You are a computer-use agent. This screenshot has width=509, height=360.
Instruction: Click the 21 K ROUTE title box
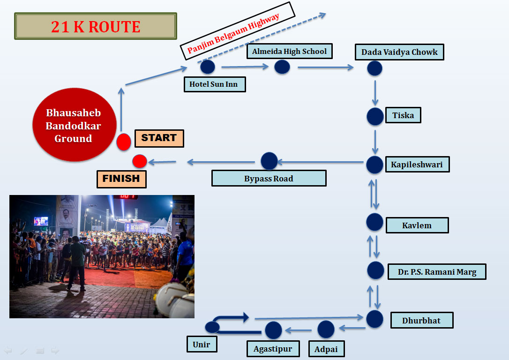pos(96,26)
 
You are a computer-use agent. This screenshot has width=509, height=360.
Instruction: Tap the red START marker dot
pos(124,142)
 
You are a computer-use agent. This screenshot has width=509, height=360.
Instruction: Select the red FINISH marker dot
pos(140,161)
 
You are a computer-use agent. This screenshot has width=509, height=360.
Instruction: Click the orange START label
pos(159,138)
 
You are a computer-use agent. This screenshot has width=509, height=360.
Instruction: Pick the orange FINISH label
pos(121,179)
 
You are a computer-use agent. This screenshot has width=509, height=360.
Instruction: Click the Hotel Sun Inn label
pos(214,84)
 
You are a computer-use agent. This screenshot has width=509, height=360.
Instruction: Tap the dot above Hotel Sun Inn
pos(208,67)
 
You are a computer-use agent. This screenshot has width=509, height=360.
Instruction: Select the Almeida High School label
pos(289,52)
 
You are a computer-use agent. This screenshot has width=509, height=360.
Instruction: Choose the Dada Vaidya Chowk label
pos(399,52)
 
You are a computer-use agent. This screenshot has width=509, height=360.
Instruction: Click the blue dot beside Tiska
pos(375,116)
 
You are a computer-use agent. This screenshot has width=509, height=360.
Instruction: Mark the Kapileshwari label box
pos(417,165)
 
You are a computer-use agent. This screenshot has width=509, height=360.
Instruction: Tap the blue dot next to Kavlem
pos(375,222)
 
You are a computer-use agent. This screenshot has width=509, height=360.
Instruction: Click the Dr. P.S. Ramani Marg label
pos(437,272)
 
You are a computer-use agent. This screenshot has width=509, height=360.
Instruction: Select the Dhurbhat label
pos(421,321)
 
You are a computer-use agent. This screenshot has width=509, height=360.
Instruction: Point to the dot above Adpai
pos(326,329)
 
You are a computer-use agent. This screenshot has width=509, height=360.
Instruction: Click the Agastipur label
pos(273,349)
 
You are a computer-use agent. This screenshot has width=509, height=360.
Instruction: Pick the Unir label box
pos(202,345)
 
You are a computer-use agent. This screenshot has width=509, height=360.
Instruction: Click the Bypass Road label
pos(269,179)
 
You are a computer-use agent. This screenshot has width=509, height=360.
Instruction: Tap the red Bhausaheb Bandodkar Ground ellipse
pos(74,125)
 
